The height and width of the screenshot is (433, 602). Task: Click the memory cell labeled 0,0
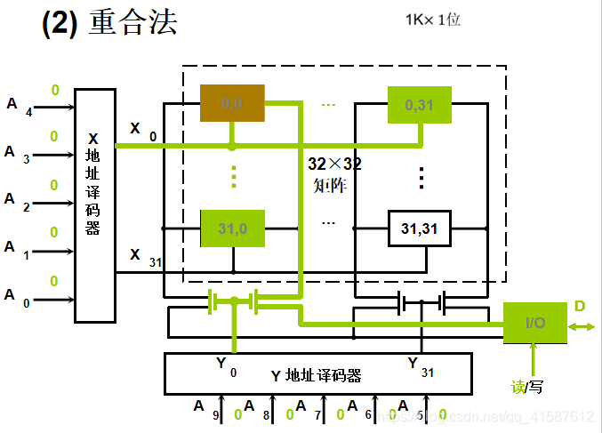point(232,103)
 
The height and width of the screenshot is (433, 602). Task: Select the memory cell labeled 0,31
point(419,105)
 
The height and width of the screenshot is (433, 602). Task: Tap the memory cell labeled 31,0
point(232,229)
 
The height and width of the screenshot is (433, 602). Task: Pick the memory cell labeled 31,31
point(419,229)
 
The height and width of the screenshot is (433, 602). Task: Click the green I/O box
point(535,323)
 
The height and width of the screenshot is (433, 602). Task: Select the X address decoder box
point(95,204)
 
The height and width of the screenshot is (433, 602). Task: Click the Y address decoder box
point(316,373)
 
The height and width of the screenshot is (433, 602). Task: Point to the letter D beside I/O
point(580,307)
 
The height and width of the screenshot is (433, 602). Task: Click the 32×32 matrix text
point(334,174)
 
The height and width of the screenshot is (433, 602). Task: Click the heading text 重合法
point(132,23)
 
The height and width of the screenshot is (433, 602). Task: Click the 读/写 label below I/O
point(526,387)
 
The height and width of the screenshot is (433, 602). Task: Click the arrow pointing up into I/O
point(534,360)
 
